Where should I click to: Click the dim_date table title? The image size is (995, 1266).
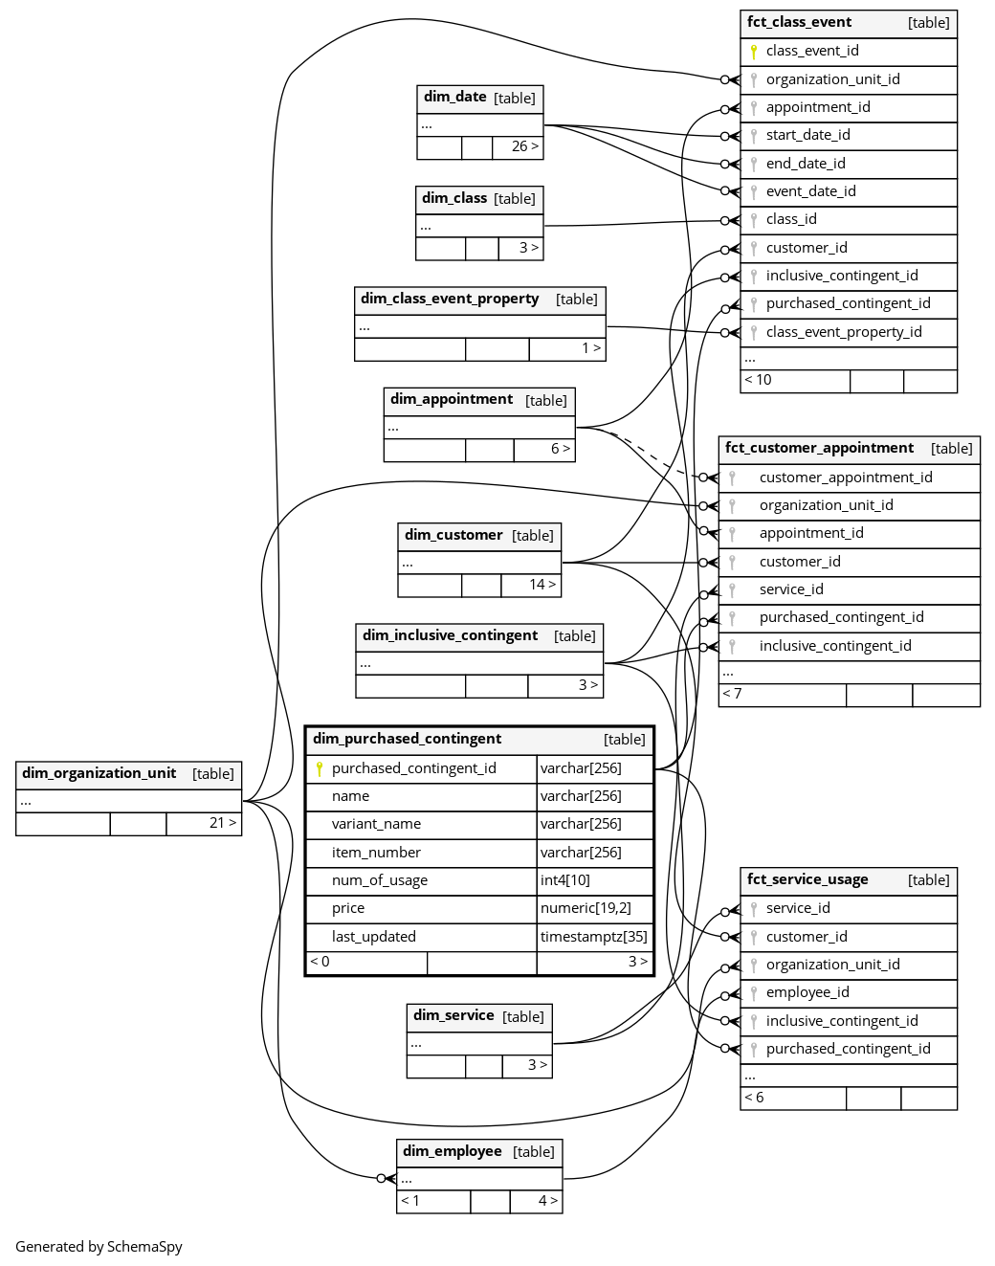click(x=455, y=97)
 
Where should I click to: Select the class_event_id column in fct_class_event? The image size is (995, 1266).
click(x=812, y=51)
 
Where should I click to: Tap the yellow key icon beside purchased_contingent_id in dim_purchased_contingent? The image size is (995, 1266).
click(x=320, y=768)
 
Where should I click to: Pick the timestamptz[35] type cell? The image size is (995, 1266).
click(x=593, y=937)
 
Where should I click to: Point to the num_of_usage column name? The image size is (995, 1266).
click(x=379, y=880)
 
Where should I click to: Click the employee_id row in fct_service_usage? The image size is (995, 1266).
click(x=807, y=992)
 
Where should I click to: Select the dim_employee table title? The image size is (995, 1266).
click(x=453, y=1151)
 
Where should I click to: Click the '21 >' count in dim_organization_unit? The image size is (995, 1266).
click(x=222, y=823)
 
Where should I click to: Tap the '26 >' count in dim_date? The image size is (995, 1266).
click(x=524, y=146)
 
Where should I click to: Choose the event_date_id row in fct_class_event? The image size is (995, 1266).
click(x=810, y=191)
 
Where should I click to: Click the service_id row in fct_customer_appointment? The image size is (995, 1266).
click(x=791, y=589)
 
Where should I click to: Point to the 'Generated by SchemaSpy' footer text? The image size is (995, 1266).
click(x=99, y=1246)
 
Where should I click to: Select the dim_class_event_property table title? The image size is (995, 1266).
click(x=450, y=299)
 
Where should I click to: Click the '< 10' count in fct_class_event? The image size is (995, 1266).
click(x=758, y=380)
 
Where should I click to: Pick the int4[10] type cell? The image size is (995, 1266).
click(x=565, y=880)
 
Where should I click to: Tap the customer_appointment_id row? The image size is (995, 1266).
click(x=846, y=478)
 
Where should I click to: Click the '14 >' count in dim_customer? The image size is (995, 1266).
click(x=542, y=585)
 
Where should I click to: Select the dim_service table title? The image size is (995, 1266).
click(x=453, y=1015)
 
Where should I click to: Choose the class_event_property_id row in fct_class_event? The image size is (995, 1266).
click(x=844, y=332)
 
